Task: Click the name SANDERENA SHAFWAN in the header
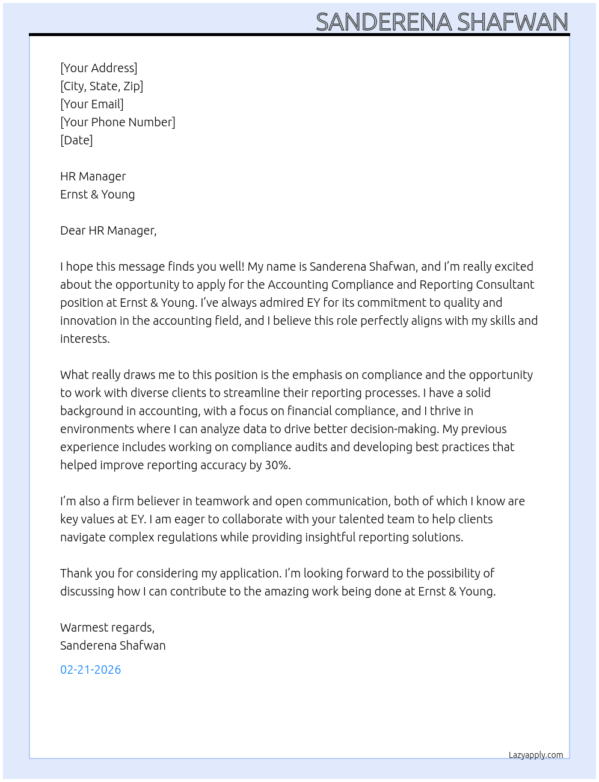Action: point(441,22)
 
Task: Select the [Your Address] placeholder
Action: point(99,68)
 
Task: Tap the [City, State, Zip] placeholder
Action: point(102,86)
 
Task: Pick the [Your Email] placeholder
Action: point(92,104)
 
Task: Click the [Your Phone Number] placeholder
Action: point(118,122)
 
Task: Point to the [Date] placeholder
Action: point(76,140)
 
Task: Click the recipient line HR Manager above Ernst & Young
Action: point(93,176)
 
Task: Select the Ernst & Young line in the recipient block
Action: point(97,194)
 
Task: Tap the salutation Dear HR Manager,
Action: point(108,230)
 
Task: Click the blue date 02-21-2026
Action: point(90,670)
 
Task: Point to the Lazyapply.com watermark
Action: point(536,755)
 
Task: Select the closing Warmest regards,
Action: point(107,627)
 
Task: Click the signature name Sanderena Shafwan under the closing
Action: point(112,645)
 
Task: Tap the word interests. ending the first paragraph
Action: point(85,339)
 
